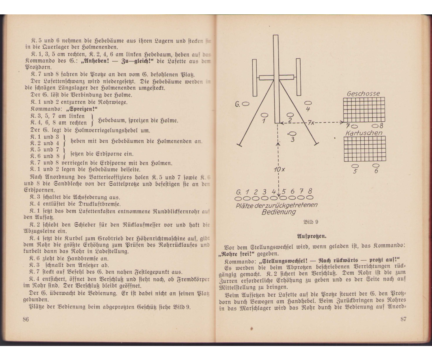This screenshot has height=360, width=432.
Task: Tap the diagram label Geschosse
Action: point(363,94)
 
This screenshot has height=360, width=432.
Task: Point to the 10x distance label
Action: point(278,170)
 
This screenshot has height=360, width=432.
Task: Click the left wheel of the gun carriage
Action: point(255,77)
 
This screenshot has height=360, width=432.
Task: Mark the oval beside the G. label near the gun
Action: point(246,104)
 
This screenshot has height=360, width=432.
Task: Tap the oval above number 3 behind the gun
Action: point(292,134)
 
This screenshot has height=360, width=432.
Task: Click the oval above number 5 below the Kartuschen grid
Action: point(355,166)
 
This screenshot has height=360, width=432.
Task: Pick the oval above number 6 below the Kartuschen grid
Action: point(376,165)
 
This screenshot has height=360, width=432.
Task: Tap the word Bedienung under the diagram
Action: point(278,212)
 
